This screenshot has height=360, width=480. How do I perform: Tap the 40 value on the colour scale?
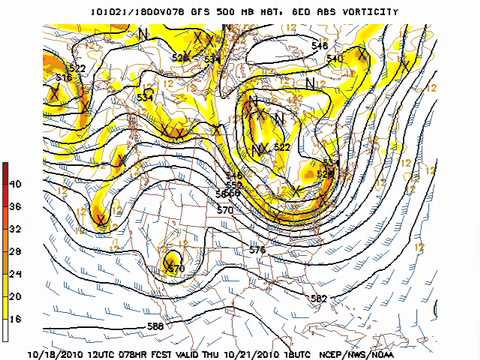pos(15,184)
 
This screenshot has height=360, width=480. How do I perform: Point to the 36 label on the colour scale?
pos(15,206)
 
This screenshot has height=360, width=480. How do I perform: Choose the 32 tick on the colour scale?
pos(15,229)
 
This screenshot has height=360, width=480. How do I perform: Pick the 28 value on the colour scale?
pos(15,251)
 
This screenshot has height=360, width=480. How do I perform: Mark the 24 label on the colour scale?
pos(15,274)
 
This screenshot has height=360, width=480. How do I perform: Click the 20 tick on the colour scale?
pos(15,296)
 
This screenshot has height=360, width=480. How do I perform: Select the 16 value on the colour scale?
pos(15,319)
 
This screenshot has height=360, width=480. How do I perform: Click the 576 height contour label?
pos(257,250)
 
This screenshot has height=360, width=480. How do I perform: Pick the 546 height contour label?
pos(319,46)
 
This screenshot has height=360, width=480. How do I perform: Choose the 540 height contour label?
pos(334,59)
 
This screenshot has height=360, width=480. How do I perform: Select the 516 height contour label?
pos(64,78)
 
